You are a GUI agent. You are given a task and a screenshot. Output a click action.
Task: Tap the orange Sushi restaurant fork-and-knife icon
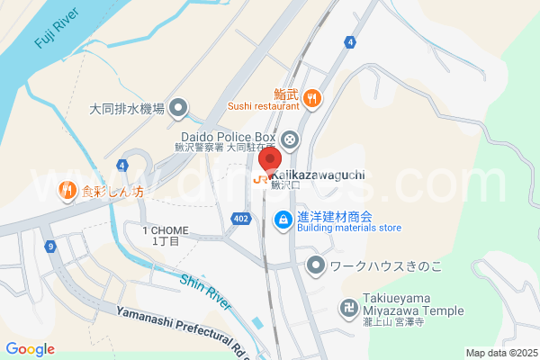pos(312,98)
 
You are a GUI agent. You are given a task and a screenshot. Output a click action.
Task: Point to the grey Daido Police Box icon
pos(289,139)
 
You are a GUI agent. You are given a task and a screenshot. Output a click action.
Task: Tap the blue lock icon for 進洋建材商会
pos(283,218)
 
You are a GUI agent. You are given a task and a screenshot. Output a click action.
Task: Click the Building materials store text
pos(349,229)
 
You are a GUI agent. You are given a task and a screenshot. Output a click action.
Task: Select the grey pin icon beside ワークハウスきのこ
pos(315,265)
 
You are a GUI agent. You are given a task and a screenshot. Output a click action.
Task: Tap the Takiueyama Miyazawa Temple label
pos(414,303)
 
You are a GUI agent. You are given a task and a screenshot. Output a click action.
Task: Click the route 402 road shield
pos(240,219)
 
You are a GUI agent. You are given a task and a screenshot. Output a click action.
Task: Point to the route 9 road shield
pos(52,246)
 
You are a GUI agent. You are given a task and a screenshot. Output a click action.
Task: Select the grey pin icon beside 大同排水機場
pos(179,109)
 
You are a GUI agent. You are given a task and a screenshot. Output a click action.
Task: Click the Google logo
pos(30,349)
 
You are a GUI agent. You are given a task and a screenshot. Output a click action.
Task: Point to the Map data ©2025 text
pos(499,353)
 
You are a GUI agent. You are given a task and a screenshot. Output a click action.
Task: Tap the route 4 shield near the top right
pos(348,43)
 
